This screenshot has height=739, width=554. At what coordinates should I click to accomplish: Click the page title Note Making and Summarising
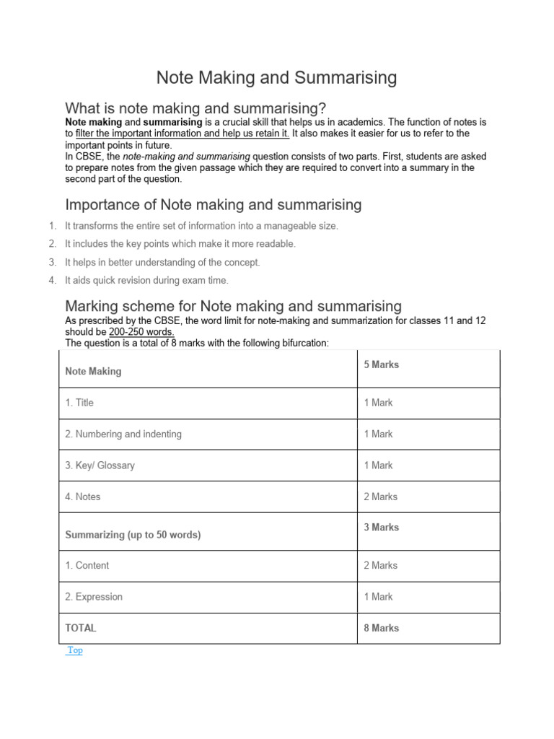[x=277, y=78]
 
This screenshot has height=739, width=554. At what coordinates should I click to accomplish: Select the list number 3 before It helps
[x=53, y=263]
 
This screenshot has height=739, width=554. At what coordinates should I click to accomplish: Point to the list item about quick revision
[x=146, y=281]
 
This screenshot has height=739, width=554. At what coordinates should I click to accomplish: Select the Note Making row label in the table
[x=94, y=372]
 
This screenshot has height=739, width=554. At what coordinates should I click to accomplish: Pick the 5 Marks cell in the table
[x=381, y=365]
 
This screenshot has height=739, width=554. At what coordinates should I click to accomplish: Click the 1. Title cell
[x=79, y=403]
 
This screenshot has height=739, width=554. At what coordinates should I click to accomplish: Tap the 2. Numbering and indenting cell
[x=123, y=434]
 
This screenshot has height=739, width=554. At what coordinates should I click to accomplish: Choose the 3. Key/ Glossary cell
[x=100, y=465]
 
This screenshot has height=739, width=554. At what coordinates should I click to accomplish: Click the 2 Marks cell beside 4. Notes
[x=380, y=497]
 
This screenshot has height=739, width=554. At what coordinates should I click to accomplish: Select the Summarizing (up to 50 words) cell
[x=133, y=535]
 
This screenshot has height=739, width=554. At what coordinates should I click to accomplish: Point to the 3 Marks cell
[x=381, y=528]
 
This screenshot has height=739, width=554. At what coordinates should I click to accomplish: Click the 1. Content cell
[x=87, y=566]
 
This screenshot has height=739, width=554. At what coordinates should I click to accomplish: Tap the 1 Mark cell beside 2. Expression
[x=378, y=597]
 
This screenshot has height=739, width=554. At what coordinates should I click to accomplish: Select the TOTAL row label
[x=81, y=628]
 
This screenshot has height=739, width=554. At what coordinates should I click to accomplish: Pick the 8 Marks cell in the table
[x=381, y=628]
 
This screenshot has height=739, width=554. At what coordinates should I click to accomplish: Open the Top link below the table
[x=75, y=650]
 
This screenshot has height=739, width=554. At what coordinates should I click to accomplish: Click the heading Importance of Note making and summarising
[x=214, y=205]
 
